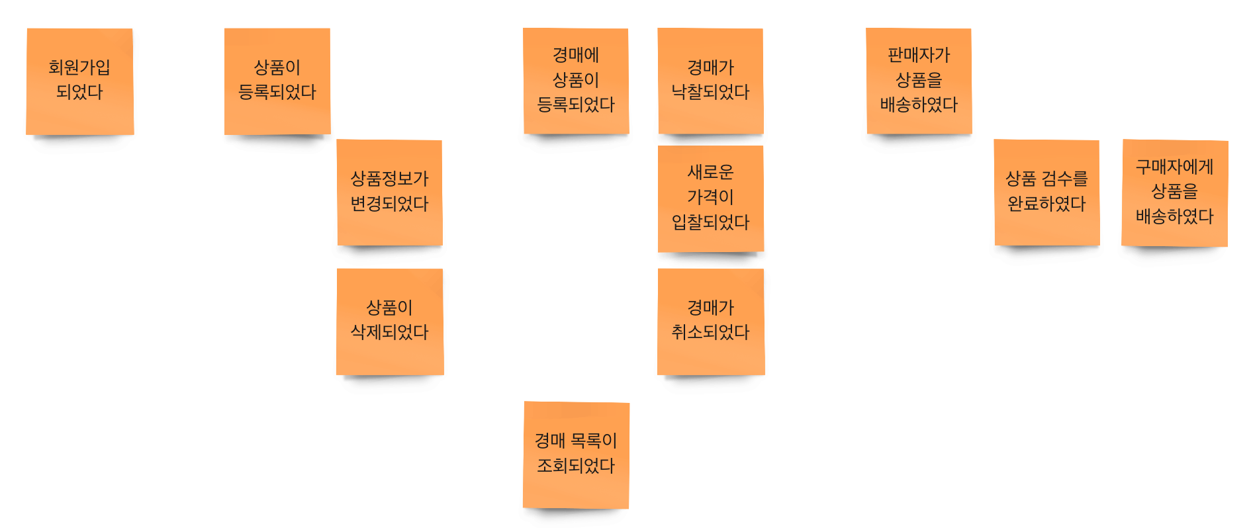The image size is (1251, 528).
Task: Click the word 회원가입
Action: click(x=79, y=67)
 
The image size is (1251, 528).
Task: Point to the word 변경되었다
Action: click(x=389, y=203)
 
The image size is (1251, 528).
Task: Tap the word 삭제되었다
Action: click(x=389, y=331)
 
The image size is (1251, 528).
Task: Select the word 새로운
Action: click(x=710, y=172)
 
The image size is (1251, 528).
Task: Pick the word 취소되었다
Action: click(x=710, y=331)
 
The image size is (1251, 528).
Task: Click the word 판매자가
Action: click(x=919, y=55)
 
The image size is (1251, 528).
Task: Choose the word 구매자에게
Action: click(x=1174, y=167)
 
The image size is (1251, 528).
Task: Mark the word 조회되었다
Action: click(x=576, y=465)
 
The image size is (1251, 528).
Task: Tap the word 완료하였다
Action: click(x=1046, y=203)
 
